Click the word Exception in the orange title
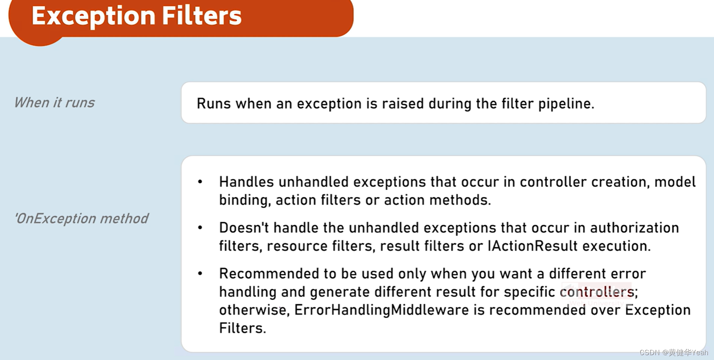tap(93, 16)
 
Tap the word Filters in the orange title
tap(201, 16)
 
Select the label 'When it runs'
tap(54, 103)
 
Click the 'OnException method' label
tap(81, 218)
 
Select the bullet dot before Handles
tap(200, 182)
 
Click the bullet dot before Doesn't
tap(200, 228)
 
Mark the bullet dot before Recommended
tap(200, 273)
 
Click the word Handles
tap(246, 182)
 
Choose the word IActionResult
tap(533, 246)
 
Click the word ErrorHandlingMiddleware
tap(381, 310)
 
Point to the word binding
tap(245, 200)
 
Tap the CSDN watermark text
tap(673, 352)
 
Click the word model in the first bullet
tap(675, 182)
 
